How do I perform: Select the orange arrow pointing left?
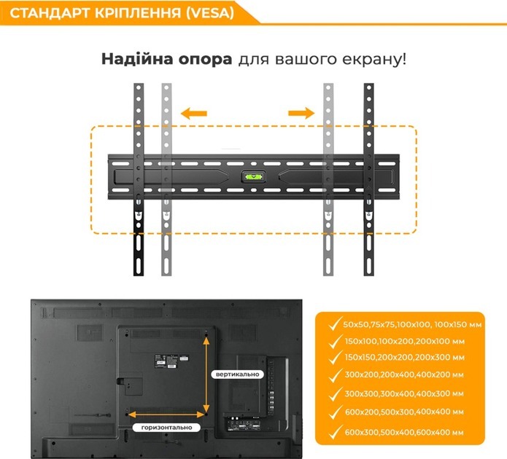click(194, 114)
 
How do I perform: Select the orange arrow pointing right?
click(301, 113)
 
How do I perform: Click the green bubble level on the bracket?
click(254, 177)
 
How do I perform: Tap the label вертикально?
click(237, 374)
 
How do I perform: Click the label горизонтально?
click(166, 428)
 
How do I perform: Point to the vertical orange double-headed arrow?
click(206, 374)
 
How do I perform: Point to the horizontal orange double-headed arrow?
click(166, 414)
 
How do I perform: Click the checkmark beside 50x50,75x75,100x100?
click(335, 323)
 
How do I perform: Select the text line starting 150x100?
click(404, 341)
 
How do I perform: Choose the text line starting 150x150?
click(404, 358)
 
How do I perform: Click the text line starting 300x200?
click(404, 375)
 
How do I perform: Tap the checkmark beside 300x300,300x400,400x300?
click(335, 393)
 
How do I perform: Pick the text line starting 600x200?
click(404, 412)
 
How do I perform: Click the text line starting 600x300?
click(404, 433)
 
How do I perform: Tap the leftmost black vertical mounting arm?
click(139, 180)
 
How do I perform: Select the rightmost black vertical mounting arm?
click(368, 180)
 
